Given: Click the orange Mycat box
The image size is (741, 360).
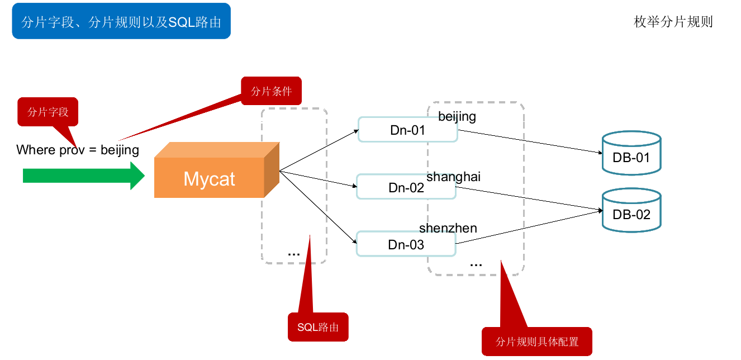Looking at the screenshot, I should pos(210,178).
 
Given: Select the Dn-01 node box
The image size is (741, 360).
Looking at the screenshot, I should pos(407,130).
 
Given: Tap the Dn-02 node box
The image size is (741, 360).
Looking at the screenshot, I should pos(406,187).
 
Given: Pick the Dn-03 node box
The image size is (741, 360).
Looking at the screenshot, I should pos(406,244).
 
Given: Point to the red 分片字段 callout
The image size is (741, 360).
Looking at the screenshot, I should pos(48,112).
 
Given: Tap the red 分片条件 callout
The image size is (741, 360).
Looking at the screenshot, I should pos(271,91).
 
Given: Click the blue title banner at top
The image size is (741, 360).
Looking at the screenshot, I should pos(121,21).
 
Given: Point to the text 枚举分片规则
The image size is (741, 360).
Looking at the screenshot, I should pos(673,22).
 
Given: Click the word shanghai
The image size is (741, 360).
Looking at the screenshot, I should pos(453,177).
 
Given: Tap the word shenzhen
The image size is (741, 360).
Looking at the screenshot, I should pos(448,228).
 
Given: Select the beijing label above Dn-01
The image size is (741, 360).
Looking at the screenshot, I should pos(457,116).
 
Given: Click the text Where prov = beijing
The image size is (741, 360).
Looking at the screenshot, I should pos(78,150).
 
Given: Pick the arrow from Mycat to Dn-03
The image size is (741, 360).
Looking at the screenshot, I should pos(319,207).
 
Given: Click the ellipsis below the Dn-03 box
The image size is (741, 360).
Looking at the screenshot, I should pos(476,263).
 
